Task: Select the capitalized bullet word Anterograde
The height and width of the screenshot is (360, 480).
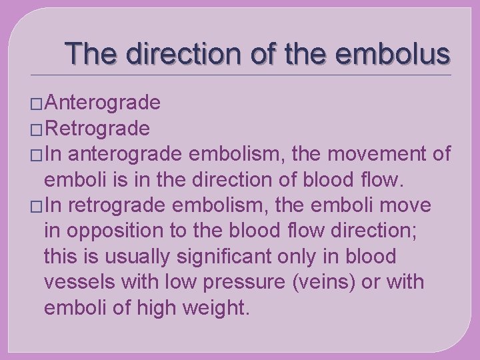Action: [x=103, y=103]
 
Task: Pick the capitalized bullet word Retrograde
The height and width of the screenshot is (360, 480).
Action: [x=98, y=127]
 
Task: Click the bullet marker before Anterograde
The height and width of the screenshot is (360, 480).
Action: [x=37, y=104]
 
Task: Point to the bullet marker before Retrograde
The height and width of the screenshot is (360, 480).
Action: [x=37, y=129]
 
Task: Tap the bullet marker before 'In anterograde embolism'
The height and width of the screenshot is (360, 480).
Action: [x=37, y=155]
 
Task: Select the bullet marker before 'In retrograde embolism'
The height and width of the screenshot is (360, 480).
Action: [x=37, y=206]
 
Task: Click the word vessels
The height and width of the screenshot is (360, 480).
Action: [x=79, y=282]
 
